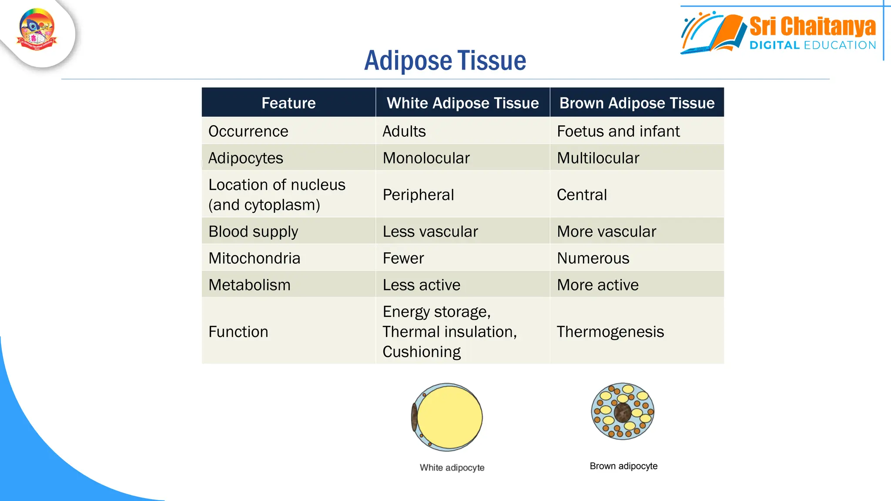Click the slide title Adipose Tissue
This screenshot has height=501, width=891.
pos(445,60)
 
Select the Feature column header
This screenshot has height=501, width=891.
pos(288,103)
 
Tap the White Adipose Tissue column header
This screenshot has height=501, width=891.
pos(462,103)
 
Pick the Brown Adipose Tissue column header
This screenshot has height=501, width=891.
pos(636,103)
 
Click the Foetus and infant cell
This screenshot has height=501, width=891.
pos(618,131)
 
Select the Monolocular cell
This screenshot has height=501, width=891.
pos(426,158)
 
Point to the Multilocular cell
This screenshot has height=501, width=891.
pos(598,158)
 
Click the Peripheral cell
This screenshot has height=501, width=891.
pos(418,194)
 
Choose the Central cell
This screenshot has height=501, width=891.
pos(582,194)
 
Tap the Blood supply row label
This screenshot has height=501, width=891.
pos(253,231)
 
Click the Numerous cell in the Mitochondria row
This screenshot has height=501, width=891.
pos(593,258)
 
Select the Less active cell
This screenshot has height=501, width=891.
pos(421,285)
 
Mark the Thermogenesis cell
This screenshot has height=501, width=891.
pos(610,332)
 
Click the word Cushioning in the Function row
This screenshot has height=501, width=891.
pos(421,352)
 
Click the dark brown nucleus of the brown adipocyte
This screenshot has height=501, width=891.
pos(623,412)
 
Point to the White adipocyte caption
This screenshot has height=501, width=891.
pos(452,468)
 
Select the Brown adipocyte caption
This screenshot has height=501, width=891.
pos(623,466)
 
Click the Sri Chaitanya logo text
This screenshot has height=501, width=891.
pos(812,27)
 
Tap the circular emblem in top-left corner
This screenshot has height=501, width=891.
pos(37,30)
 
